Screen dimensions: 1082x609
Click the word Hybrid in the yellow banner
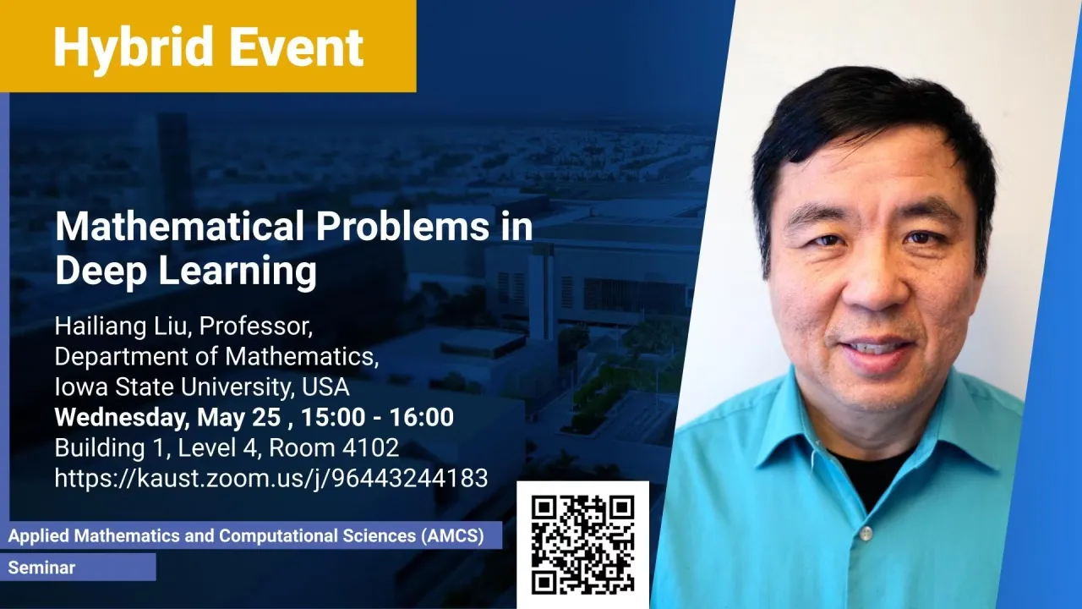click(x=134, y=48)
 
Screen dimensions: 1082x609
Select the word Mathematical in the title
click(x=180, y=226)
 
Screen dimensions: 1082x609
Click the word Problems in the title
click(x=402, y=226)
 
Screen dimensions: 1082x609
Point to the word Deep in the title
click(x=101, y=272)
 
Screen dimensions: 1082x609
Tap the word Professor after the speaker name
click(x=256, y=327)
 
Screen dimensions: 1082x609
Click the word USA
click(x=325, y=387)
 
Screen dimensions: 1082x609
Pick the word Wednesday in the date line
click(x=122, y=418)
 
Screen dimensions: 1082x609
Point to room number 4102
click(x=370, y=447)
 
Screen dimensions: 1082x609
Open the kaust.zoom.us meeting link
click(x=271, y=479)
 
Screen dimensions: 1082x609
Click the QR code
click(x=582, y=545)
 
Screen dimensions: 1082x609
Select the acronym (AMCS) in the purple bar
click(x=452, y=536)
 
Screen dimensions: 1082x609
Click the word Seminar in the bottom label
click(x=41, y=568)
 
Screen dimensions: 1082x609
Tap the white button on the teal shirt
click(x=866, y=533)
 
